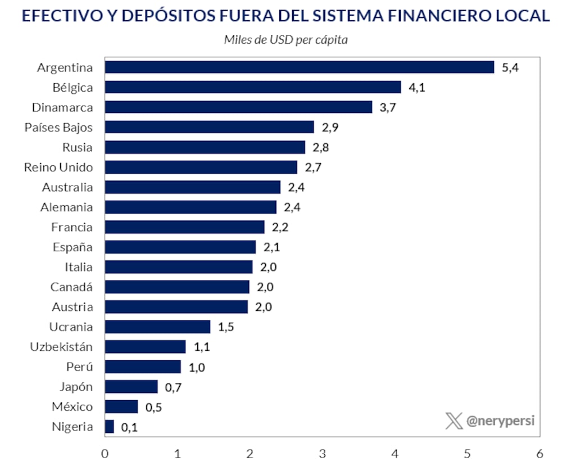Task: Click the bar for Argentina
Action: coord(299,67)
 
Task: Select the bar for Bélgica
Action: coord(253,87)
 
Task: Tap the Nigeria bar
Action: coord(110,427)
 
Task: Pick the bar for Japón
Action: coord(132,387)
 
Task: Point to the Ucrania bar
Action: coord(158,327)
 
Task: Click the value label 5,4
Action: coord(510,67)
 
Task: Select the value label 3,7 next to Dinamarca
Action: coord(388,107)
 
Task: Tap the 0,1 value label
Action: coord(129,427)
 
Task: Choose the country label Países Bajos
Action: coord(58,127)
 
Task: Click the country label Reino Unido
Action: coord(58,167)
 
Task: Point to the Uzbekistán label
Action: coord(61,347)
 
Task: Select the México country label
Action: coord(72,406)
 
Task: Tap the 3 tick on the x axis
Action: coord(323,453)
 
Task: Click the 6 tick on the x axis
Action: coord(540,453)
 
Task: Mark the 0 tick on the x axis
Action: coord(105,453)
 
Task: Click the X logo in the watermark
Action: coord(454,420)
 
